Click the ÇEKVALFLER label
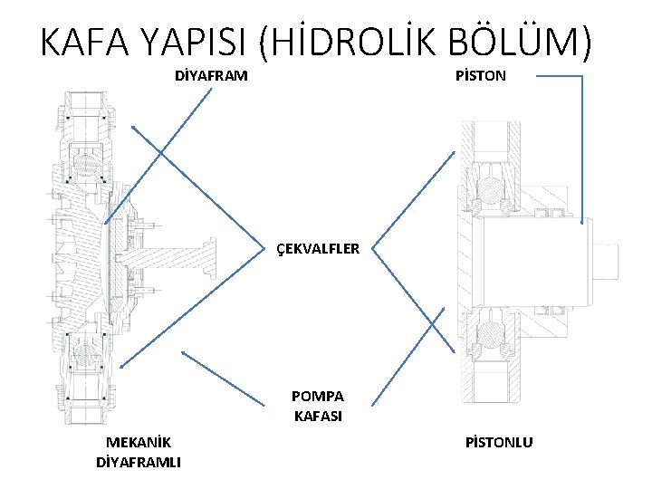coord(318,247)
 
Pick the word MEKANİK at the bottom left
coord(139,442)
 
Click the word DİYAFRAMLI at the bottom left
coord(139,463)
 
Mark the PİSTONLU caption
coord(499,442)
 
